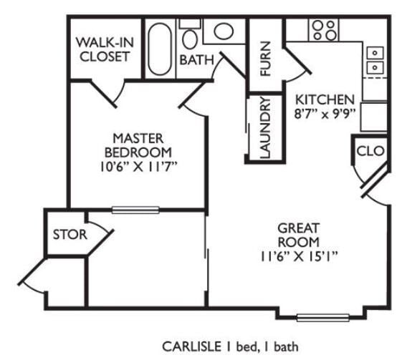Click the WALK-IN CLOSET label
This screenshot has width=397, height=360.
pyautogui.click(x=105, y=49)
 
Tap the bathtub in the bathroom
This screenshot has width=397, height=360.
pyautogui.click(x=160, y=49)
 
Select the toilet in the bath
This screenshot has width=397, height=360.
pyautogui.click(x=190, y=34)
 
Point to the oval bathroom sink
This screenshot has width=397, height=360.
pyautogui.click(x=224, y=31)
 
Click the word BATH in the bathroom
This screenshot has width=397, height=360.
pyautogui.click(x=197, y=60)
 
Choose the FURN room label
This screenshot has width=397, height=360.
pyautogui.click(x=265, y=59)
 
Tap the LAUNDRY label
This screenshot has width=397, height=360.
pyautogui.click(x=265, y=127)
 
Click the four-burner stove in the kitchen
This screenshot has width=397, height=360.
pyautogui.click(x=323, y=29)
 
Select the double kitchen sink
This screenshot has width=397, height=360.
pyautogui.click(x=375, y=60)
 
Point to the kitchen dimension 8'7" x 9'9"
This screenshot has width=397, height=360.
pyautogui.click(x=324, y=114)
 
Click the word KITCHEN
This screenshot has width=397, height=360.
pyautogui.click(x=325, y=99)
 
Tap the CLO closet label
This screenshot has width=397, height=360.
pyautogui.click(x=370, y=151)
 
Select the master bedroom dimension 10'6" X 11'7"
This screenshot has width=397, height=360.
pyautogui.click(x=138, y=167)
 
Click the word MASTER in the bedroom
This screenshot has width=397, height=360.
pyautogui.click(x=138, y=138)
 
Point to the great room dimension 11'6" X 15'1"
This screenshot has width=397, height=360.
pyautogui.click(x=300, y=257)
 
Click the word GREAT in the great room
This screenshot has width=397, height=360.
pyautogui.click(x=298, y=228)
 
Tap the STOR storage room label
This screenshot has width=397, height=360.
pyautogui.click(x=70, y=234)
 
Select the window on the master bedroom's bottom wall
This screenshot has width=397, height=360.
pyautogui.click(x=135, y=210)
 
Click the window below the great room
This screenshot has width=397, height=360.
pyautogui.click(x=322, y=318)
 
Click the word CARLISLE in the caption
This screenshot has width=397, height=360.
pyautogui.click(x=191, y=346)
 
